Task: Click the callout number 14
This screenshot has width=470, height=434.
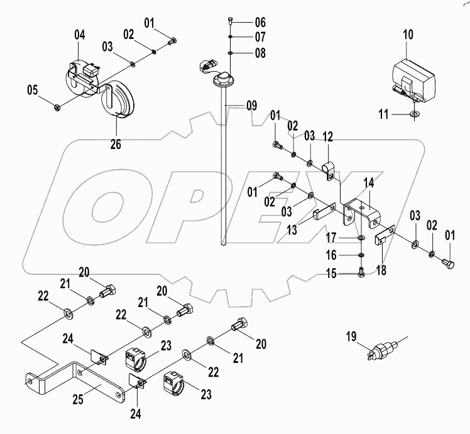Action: point(369,182)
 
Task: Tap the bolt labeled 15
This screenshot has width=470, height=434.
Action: point(360,273)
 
